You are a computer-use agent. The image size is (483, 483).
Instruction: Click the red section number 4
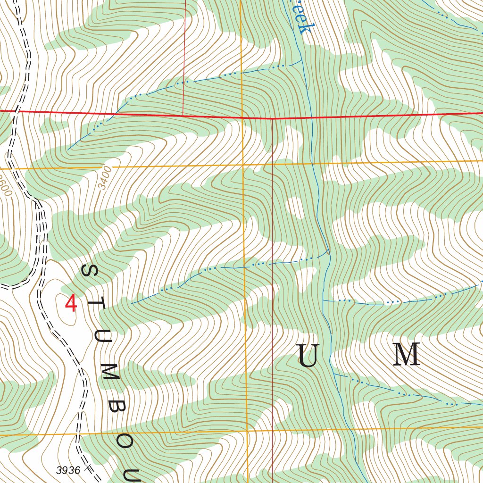71,303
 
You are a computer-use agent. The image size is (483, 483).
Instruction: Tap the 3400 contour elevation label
106,178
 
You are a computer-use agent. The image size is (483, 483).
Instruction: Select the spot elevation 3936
68,470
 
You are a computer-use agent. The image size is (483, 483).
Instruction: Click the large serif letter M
407,355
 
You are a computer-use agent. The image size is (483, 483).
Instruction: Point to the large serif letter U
308,356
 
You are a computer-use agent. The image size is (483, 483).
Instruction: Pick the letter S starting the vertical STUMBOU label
89,271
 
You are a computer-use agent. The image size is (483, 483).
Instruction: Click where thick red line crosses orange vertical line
241,117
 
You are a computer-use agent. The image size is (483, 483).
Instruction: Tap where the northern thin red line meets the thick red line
183,115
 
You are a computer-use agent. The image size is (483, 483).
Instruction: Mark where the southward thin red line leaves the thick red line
273,118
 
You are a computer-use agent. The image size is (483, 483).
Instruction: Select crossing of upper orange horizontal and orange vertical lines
242,165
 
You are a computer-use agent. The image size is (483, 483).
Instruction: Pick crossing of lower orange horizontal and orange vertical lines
247,431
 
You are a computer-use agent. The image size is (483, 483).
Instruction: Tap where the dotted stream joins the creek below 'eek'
302,61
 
